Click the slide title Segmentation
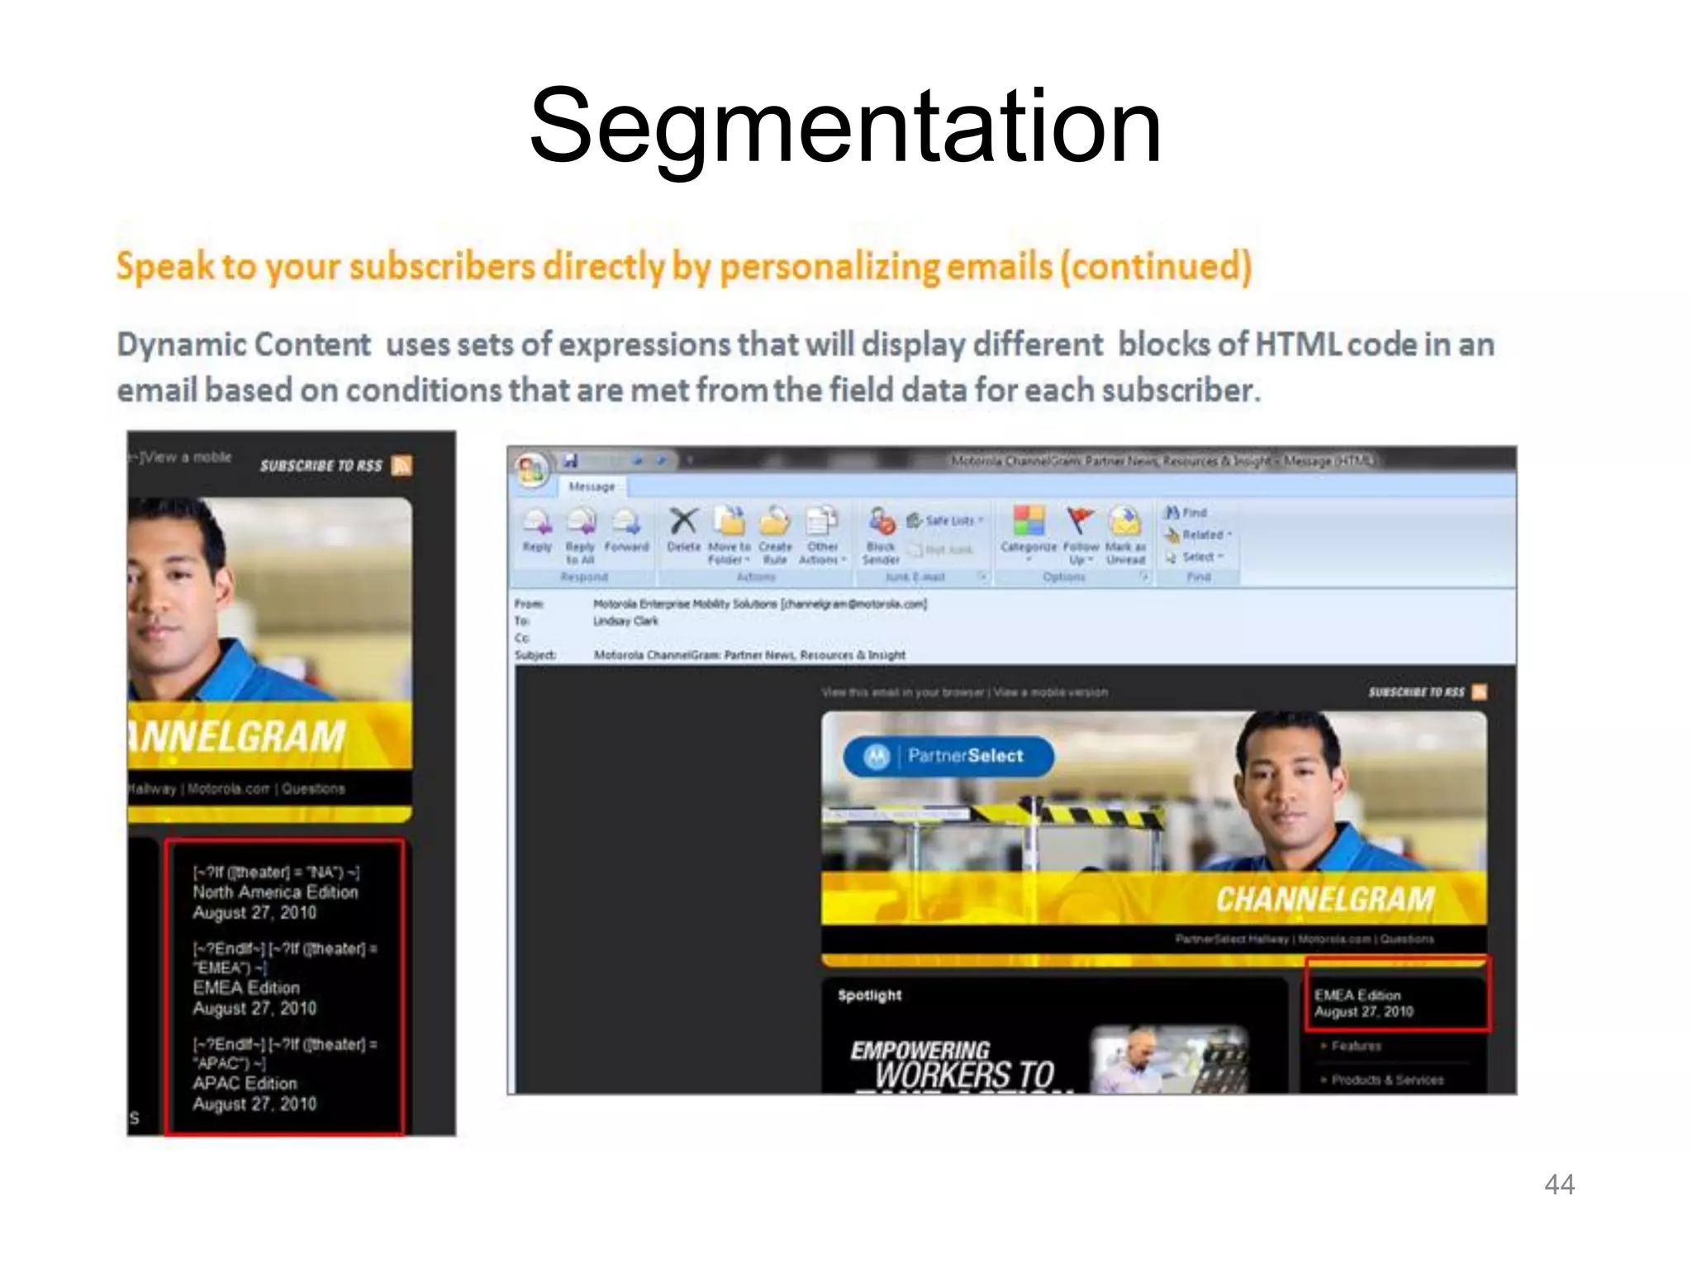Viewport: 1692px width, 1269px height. coord(845,128)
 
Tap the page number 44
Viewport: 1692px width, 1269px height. coord(1559,1184)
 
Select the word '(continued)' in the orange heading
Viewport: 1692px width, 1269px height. coord(1156,267)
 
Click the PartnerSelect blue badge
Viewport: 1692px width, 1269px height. coord(948,756)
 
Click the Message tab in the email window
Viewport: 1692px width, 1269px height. coord(592,487)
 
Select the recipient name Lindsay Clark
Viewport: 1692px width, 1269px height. coord(625,621)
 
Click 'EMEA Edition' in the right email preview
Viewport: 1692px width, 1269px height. coord(1357,996)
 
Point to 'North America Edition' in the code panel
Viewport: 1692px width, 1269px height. coord(275,892)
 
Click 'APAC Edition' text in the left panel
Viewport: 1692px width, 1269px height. coord(245,1083)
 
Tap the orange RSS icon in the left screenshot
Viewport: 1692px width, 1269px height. coord(402,466)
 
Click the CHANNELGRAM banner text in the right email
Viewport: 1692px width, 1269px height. coord(1324,899)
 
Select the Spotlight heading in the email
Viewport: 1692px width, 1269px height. coord(869,996)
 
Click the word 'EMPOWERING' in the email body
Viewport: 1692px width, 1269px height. coord(920,1049)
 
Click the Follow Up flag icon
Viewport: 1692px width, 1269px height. coord(1080,522)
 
